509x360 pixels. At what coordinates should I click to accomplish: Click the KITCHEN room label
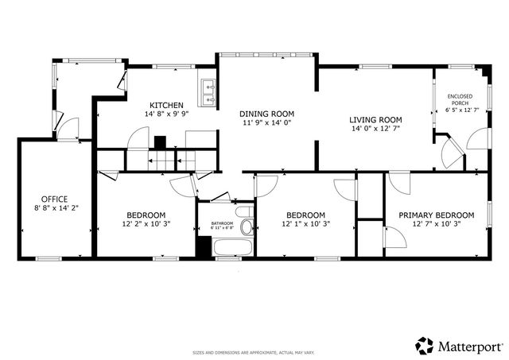point(167,105)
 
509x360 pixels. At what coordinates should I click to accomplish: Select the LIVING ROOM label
point(375,120)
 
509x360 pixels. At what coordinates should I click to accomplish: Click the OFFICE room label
point(54,199)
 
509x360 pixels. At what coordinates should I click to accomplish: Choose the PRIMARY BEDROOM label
point(437,215)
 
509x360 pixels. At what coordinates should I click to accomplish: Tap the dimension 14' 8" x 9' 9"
point(167,114)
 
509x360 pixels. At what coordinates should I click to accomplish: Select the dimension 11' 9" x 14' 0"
point(268,123)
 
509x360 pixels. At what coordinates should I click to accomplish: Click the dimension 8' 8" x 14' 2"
point(54,208)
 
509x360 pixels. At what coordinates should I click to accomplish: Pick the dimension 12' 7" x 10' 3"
point(437,224)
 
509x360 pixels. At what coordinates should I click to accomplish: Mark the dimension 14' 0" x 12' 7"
point(375,130)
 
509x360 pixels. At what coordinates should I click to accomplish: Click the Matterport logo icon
point(424,346)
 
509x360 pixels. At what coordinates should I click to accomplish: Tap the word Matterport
point(469,346)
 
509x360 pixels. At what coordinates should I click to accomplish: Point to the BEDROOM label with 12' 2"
point(146,215)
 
